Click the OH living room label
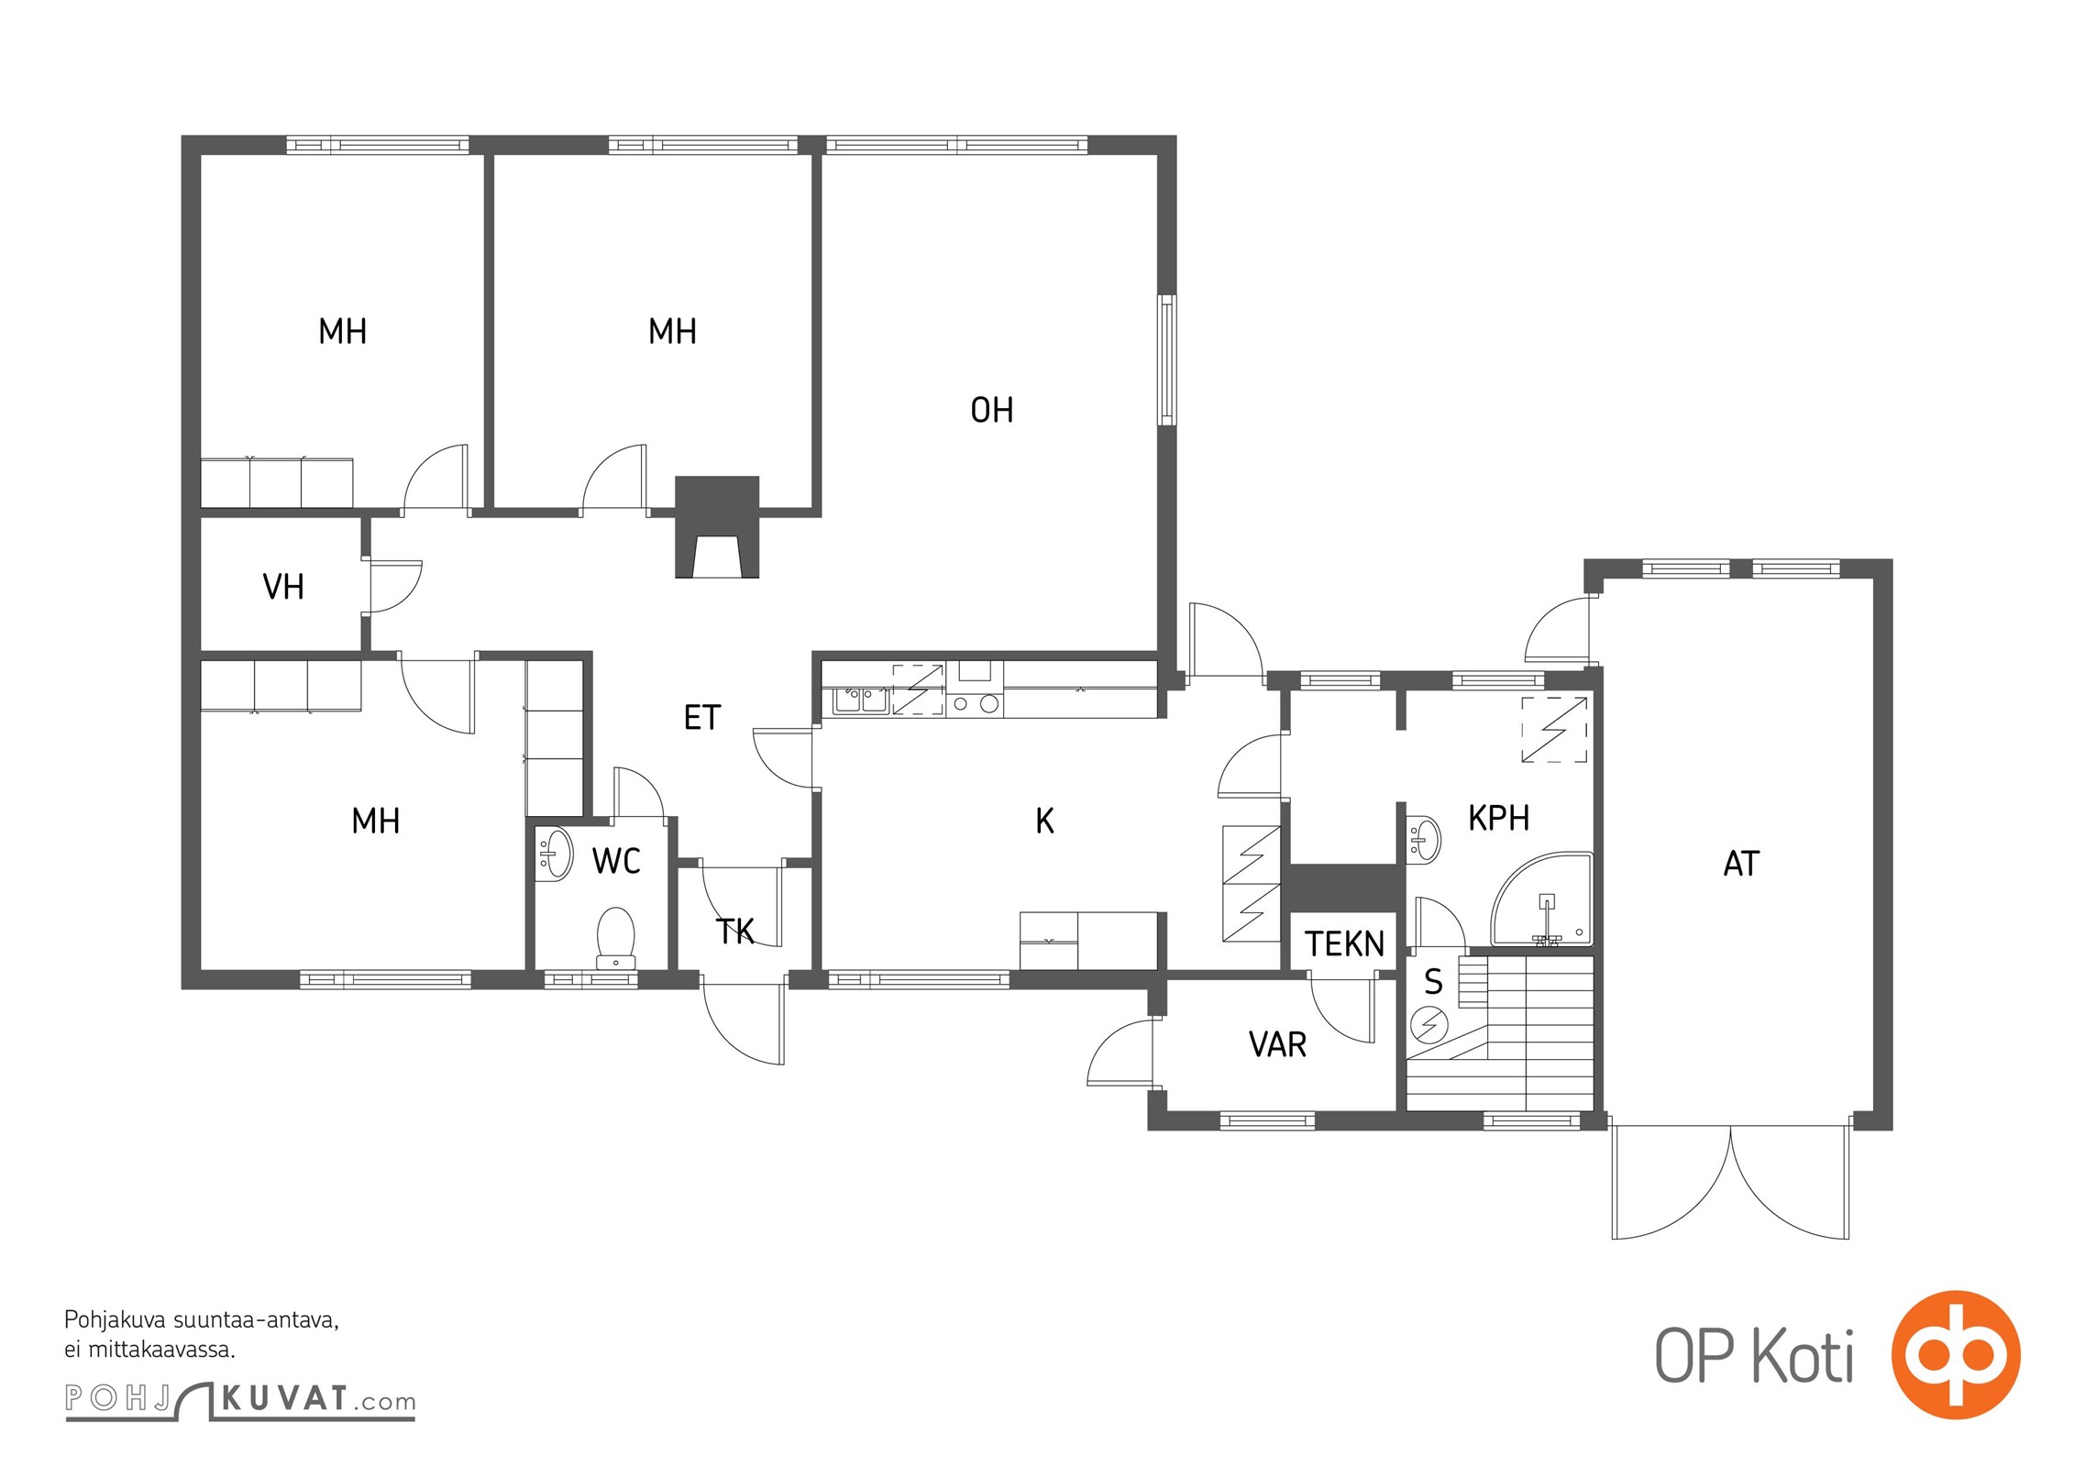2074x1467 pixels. click(992, 410)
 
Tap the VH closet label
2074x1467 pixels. click(283, 587)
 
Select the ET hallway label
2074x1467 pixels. click(702, 717)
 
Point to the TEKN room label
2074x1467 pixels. click(1344, 943)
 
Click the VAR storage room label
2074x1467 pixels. click(1277, 1044)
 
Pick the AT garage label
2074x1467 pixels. click(1741, 864)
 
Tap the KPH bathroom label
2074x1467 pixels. click(1498, 818)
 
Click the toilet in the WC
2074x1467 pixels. click(615, 937)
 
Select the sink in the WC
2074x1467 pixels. click(554, 854)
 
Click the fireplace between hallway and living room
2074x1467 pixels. click(717, 526)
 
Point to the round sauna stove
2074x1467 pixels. click(1428, 1024)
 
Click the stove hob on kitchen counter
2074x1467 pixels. click(975, 704)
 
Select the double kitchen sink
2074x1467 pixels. click(861, 701)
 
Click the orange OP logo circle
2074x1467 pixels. click(1955, 1355)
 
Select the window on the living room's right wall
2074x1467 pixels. click(1166, 359)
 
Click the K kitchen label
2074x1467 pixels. click(1044, 821)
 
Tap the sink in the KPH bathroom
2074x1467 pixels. click(1423, 837)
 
